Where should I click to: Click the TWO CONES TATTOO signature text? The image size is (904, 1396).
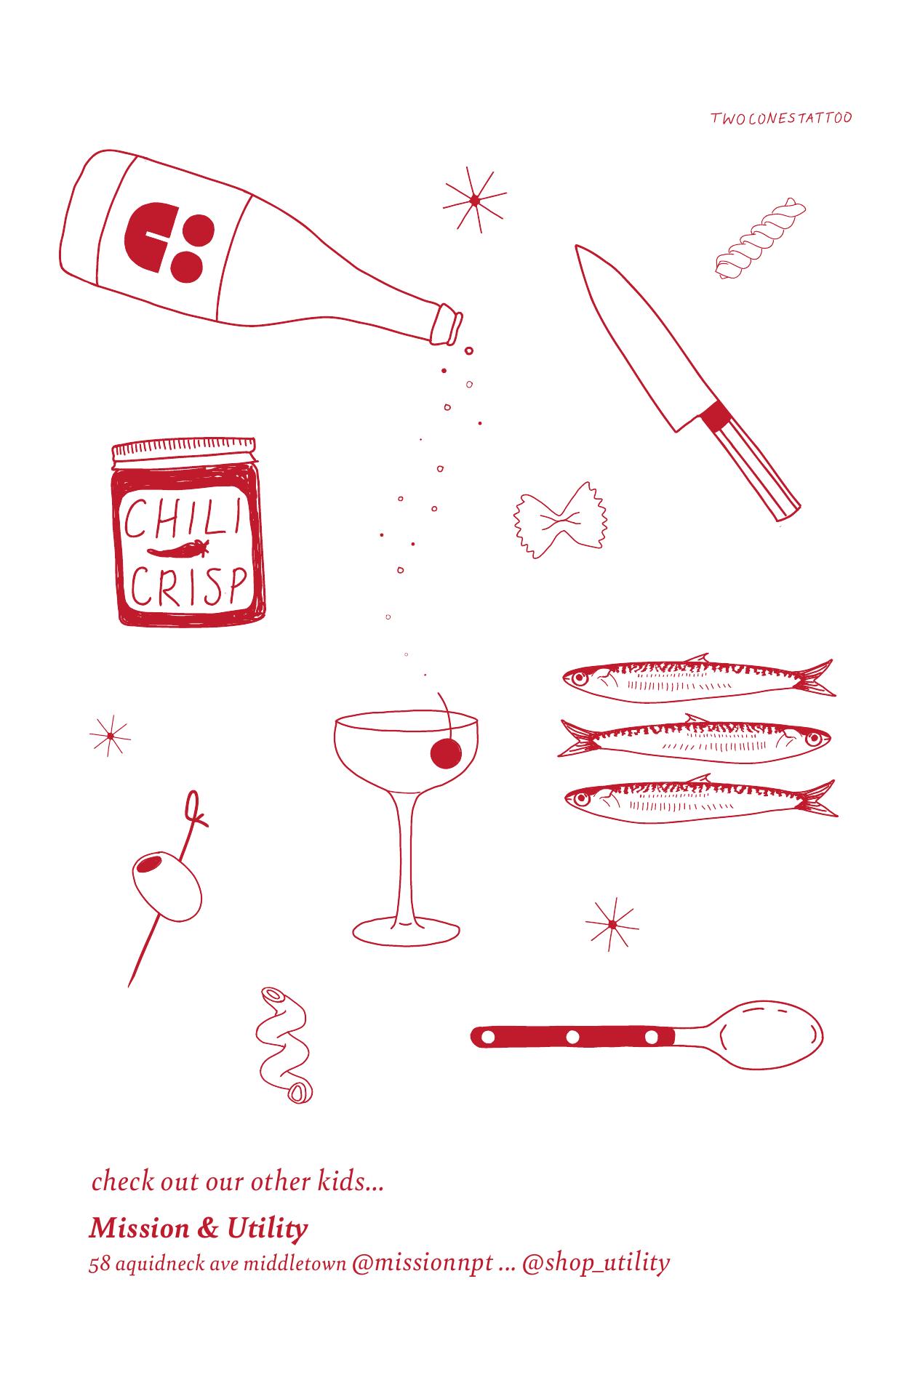pos(781,118)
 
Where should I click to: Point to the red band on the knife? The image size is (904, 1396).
pos(714,417)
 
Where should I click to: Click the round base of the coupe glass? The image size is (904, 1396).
pos(406,931)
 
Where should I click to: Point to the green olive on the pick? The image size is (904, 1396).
pos(167,886)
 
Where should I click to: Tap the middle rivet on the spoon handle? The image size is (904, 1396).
pos(572,1036)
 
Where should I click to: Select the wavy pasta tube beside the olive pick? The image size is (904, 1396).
pos(284,1044)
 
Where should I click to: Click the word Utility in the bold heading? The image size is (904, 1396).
pos(267,1229)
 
